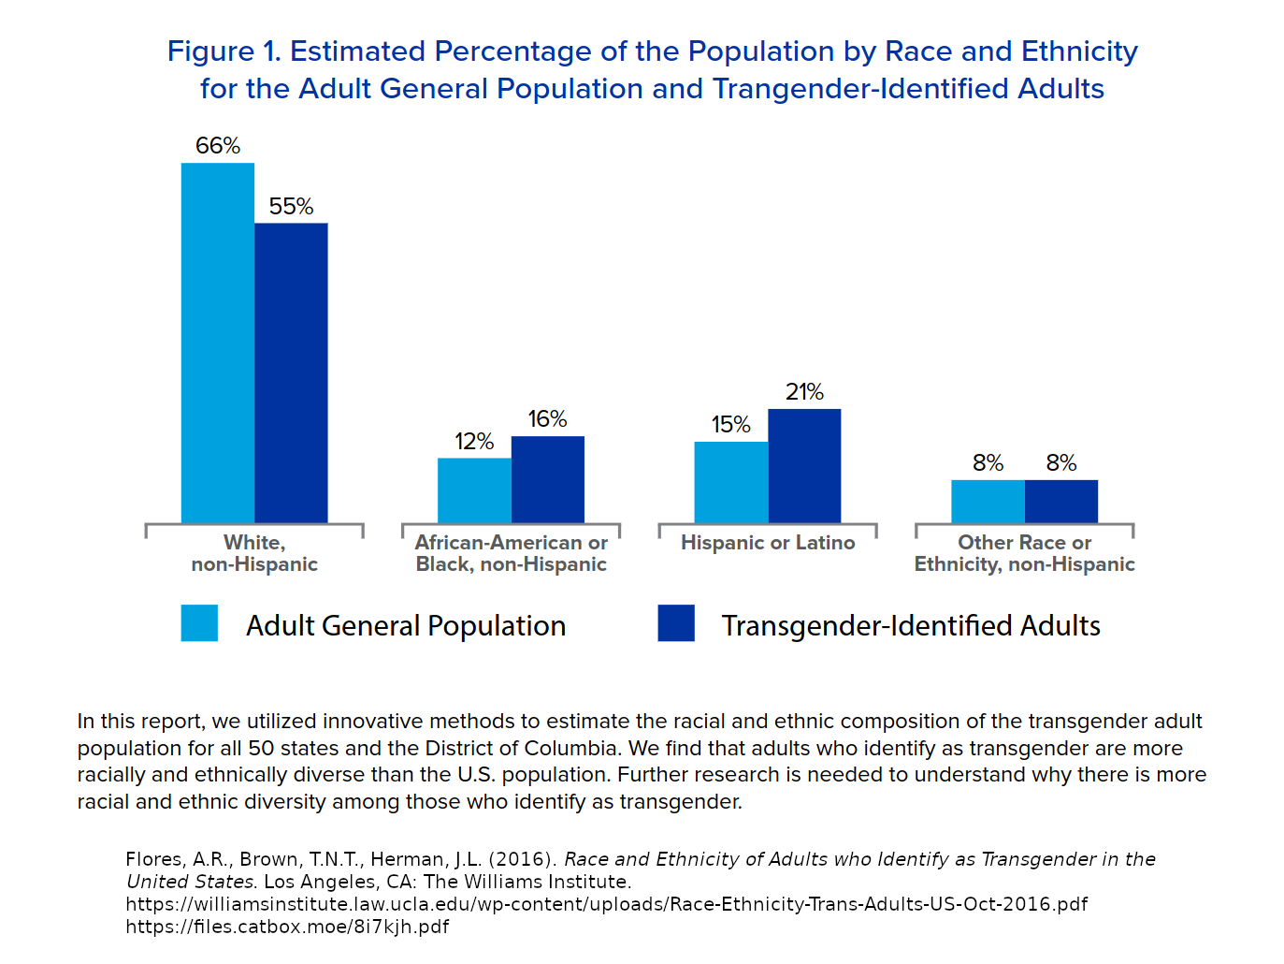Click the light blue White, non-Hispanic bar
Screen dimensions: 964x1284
(x=218, y=343)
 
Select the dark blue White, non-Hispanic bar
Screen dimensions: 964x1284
(x=291, y=372)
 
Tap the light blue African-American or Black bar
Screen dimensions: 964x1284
(x=474, y=490)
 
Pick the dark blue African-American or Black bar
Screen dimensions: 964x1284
(x=548, y=479)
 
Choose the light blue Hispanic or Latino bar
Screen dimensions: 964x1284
(x=731, y=482)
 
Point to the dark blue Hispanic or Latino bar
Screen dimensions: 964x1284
(x=804, y=466)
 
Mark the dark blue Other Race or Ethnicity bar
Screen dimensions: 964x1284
(x=1061, y=502)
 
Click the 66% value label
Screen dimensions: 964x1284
(x=218, y=146)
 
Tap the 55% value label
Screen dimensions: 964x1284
(x=291, y=207)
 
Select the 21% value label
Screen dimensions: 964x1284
(x=804, y=392)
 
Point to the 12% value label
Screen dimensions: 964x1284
(x=474, y=442)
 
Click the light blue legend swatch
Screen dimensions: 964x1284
(x=199, y=623)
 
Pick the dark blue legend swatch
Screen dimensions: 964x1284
(x=676, y=623)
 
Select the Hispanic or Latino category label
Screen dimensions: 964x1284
(x=768, y=543)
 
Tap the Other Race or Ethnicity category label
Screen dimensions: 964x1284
(x=1024, y=553)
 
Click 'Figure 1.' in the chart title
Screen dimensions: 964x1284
(x=224, y=51)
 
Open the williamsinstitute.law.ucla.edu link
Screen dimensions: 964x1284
(x=607, y=904)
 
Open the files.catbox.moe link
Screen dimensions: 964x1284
(x=287, y=927)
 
